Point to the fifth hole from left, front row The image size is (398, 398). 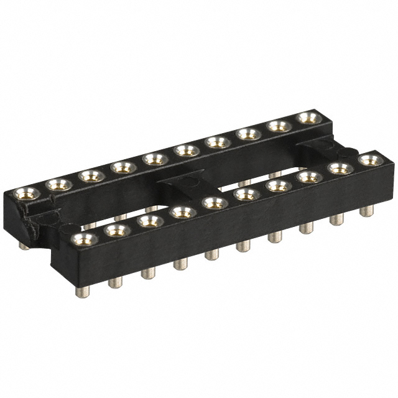coord(215,203)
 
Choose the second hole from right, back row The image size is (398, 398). coord(279,126)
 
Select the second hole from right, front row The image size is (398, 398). coord(340,169)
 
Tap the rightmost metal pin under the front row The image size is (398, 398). coord(368,210)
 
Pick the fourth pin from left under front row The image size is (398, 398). coord(180,264)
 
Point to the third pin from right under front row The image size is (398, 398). coord(305,228)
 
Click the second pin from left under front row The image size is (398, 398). coord(114,282)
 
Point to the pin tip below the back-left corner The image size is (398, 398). coord(23,245)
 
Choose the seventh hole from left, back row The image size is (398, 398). coord(217,142)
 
